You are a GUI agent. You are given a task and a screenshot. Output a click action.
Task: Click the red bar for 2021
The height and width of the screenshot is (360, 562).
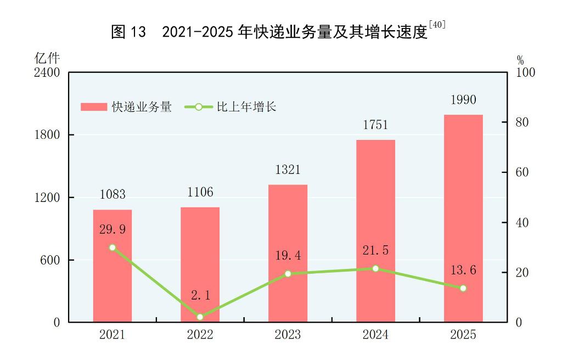[112, 266]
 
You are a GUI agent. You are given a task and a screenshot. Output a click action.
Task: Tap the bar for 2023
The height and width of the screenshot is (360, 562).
[288, 253]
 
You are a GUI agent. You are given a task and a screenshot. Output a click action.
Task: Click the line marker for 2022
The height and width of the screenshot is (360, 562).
[200, 317]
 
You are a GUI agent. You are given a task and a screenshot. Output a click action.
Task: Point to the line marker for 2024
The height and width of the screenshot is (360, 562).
[375, 268]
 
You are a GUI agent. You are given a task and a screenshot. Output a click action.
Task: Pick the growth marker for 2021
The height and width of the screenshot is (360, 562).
[112, 248]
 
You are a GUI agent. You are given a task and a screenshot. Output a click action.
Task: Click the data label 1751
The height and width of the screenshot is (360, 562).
[375, 125]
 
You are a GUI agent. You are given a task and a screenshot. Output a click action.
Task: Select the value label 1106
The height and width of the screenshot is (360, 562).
[200, 193]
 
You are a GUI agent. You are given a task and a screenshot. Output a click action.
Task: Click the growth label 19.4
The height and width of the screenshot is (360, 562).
[288, 255]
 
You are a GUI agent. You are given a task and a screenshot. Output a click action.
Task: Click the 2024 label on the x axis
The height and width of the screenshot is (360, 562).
[375, 335]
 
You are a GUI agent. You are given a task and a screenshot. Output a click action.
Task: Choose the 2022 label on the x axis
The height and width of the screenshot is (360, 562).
[200, 335]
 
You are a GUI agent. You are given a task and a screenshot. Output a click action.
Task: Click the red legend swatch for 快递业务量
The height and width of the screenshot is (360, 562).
[94, 107]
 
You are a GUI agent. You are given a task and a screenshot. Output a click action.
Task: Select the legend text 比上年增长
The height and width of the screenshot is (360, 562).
[246, 107]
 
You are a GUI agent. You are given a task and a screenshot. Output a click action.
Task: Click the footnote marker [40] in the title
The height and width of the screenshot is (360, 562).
[437, 25]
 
